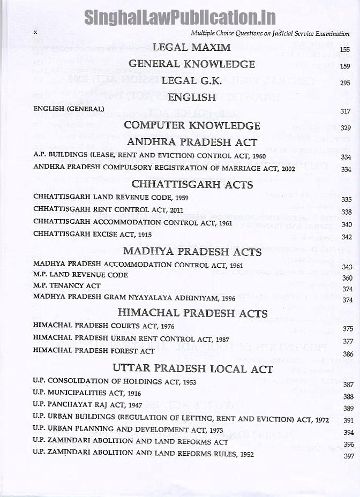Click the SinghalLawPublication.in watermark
coord(179,17)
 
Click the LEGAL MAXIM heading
coord(191,47)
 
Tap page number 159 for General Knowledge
coord(345,66)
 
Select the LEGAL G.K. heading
coord(192,81)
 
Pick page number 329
coord(346,127)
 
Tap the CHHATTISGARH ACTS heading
coord(192,185)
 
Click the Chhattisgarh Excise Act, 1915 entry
coord(92,235)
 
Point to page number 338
coord(347,212)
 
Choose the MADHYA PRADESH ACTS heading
coord(192,251)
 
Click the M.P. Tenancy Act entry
coord(66,285)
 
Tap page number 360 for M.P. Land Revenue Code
coord(347,277)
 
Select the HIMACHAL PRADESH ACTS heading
coord(193,313)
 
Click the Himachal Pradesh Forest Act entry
coord(94,351)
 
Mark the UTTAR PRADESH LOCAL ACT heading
coord(193,369)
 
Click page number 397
coord(349,456)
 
